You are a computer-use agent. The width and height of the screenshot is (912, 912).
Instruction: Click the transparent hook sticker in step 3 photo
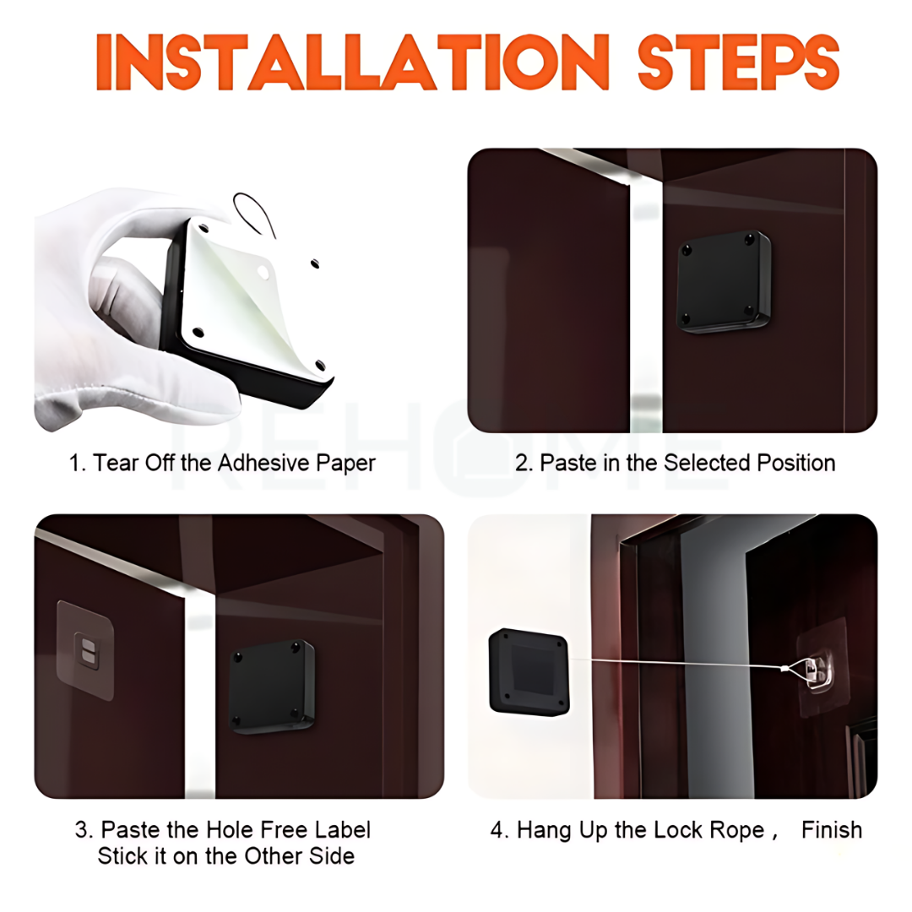pyautogui.click(x=84, y=650)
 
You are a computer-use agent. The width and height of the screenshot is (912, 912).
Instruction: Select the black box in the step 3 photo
pyautogui.click(x=272, y=686)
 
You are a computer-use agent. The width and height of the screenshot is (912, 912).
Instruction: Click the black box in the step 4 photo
pyautogui.click(x=528, y=671)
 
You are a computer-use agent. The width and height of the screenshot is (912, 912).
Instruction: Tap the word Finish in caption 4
pyautogui.click(x=832, y=830)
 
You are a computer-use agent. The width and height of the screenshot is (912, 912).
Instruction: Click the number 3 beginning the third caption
pyautogui.click(x=82, y=830)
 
